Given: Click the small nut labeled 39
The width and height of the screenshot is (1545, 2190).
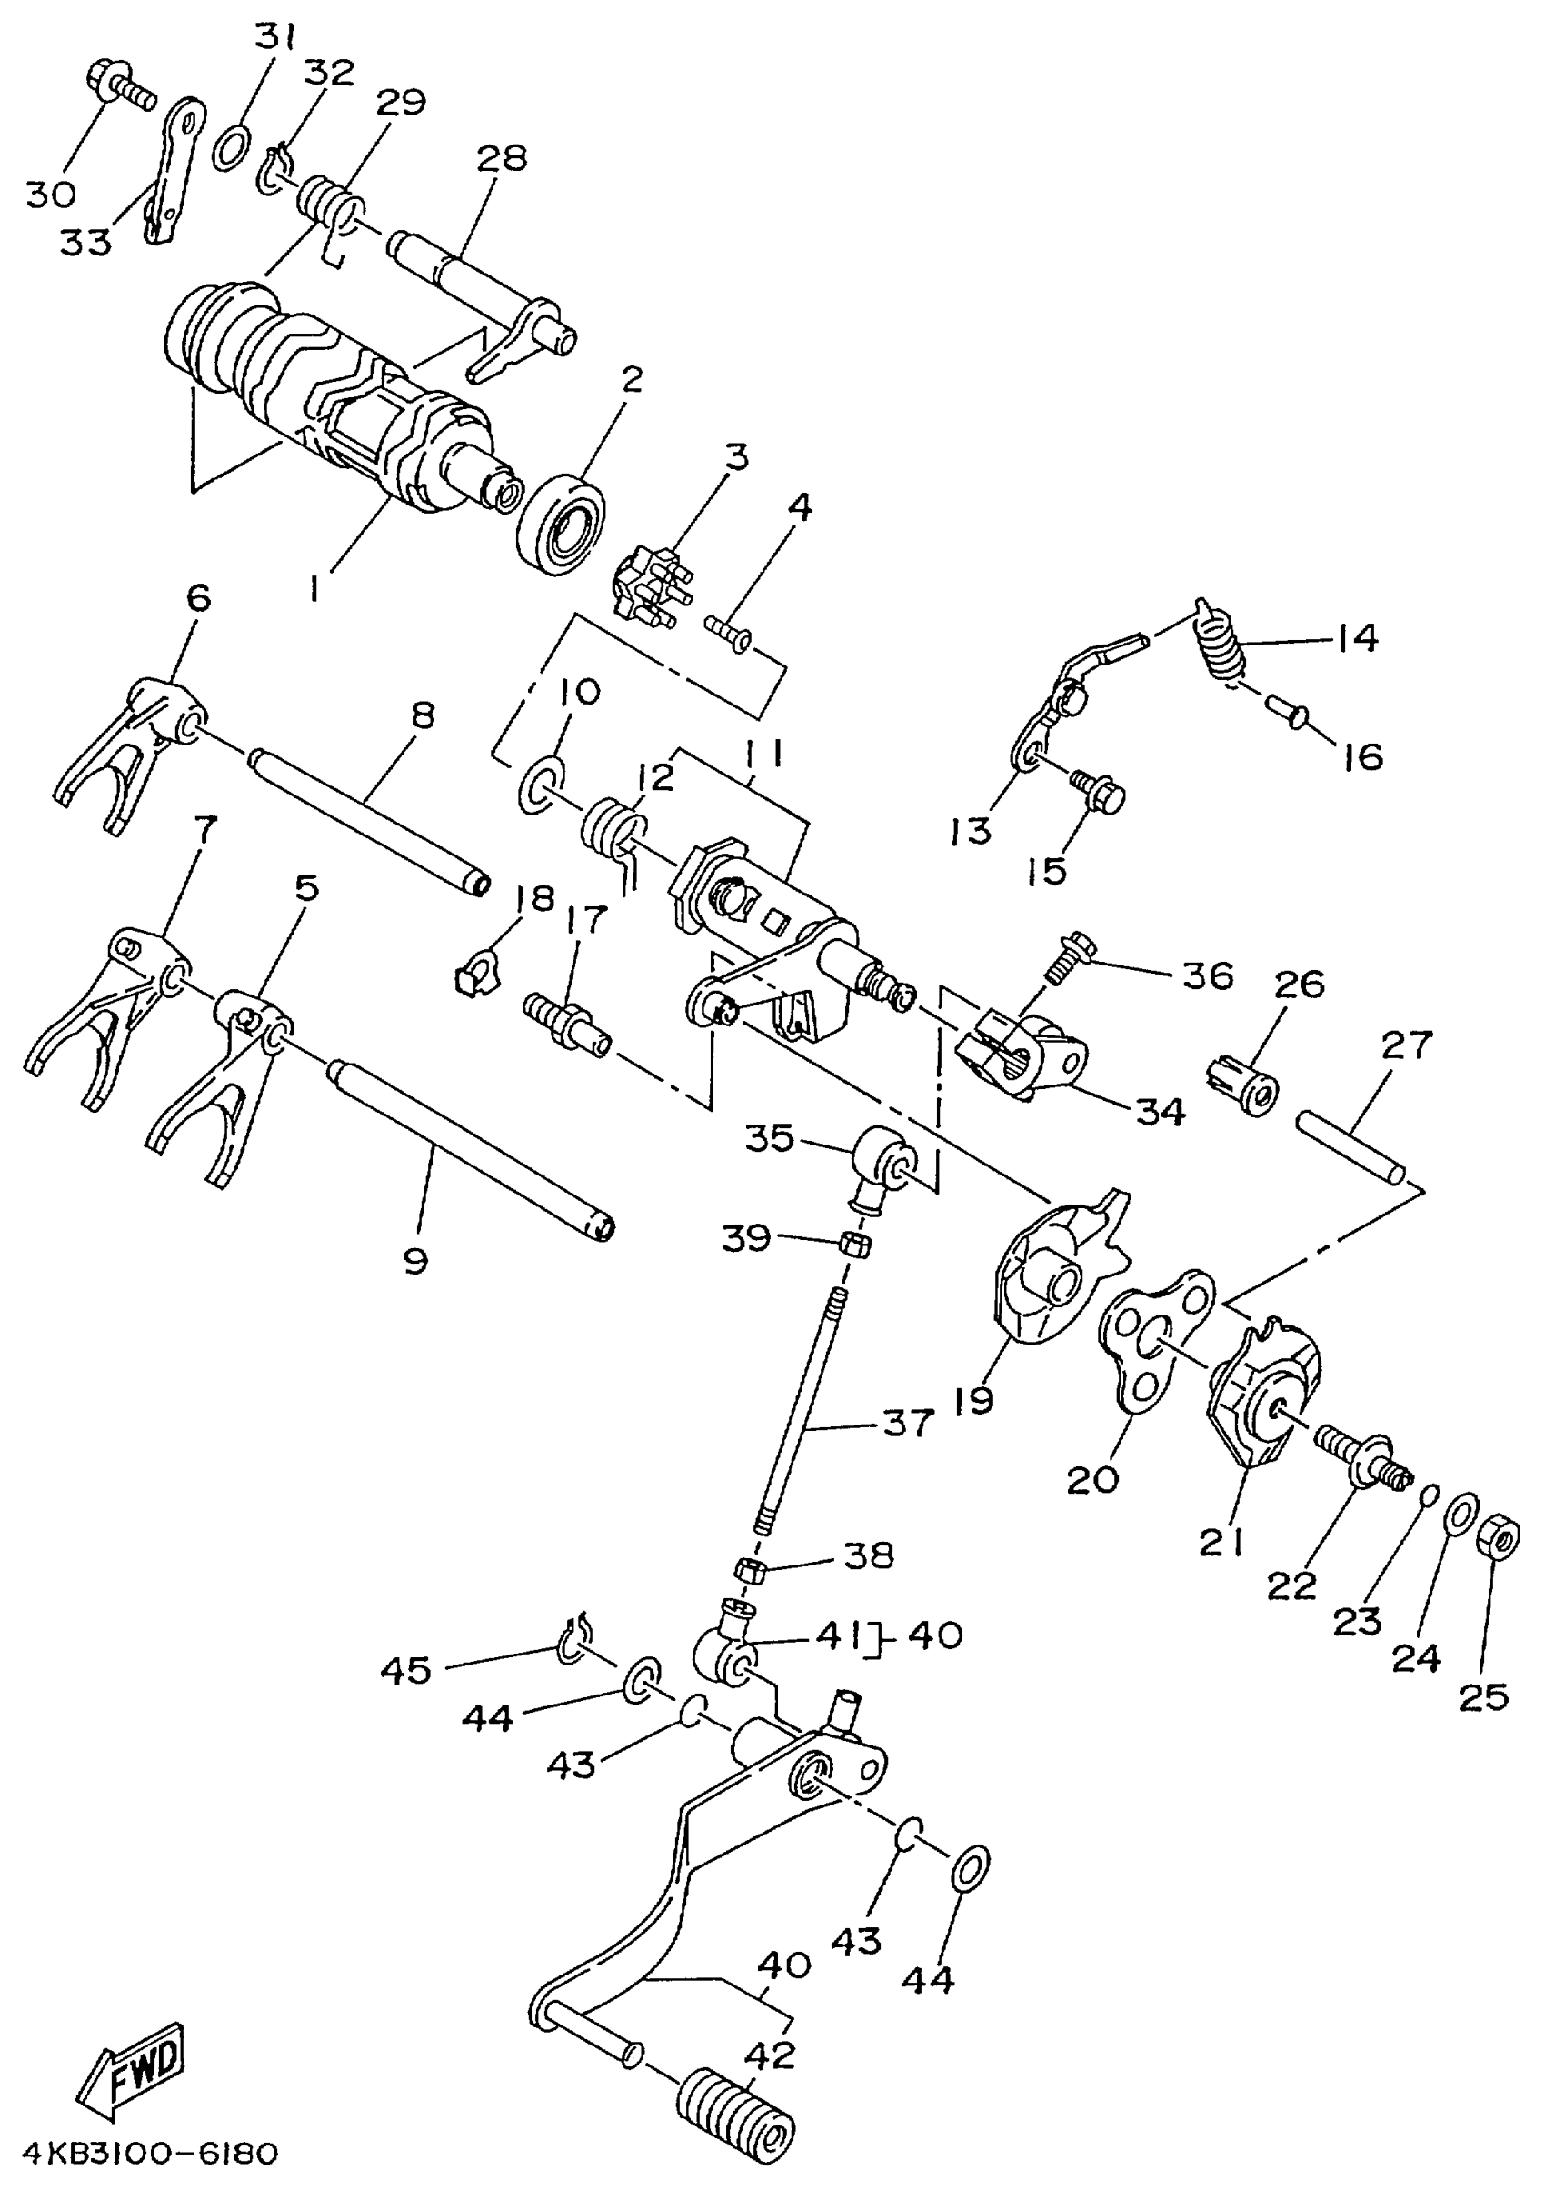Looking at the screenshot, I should click(853, 1244).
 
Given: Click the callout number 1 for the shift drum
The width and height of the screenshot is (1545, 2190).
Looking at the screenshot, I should click(314, 588).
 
